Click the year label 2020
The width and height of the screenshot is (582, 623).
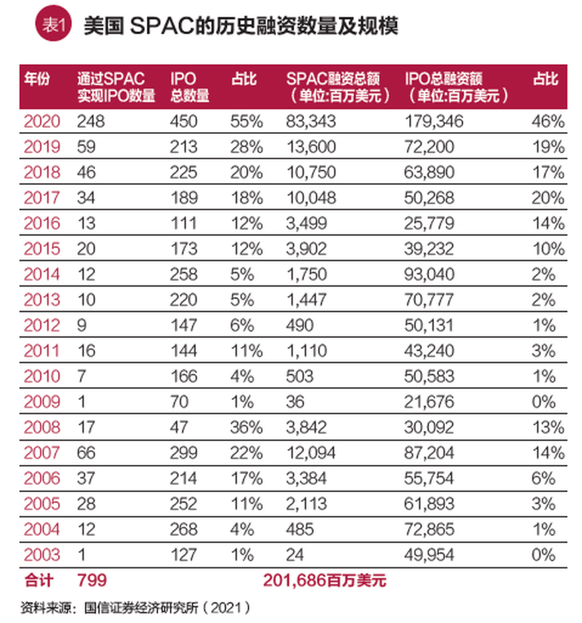pyautogui.click(x=42, y=121)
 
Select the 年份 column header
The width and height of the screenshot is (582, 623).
pyautogui.click(x=36, y=79)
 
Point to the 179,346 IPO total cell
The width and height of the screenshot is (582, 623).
pyautogui.click(x=433, y=121)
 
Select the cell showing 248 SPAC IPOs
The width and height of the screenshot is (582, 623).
pyautogui.click(x=91, y=121)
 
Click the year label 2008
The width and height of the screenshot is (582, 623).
pyautogui.click(x=42, y=427)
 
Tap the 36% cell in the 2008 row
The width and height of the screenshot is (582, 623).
pyautogui.click(x=246, y=427)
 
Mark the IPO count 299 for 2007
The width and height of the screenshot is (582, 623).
pyautogui.click(x=184, y=453)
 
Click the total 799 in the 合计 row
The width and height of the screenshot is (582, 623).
pyautogui.click(x=92, y=581)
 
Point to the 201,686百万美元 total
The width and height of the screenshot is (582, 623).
pyautogui.click(x=324, y=581)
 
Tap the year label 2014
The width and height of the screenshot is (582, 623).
pyautogui.click(x=42, y=275)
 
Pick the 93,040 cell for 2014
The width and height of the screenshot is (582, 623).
pyautogui.click(x=429, y=275)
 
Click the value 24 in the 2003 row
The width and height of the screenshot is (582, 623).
pyautogui.click(x=295, y=555)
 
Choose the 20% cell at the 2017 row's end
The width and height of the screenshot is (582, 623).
pyautogui.click(x=549, y=198)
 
